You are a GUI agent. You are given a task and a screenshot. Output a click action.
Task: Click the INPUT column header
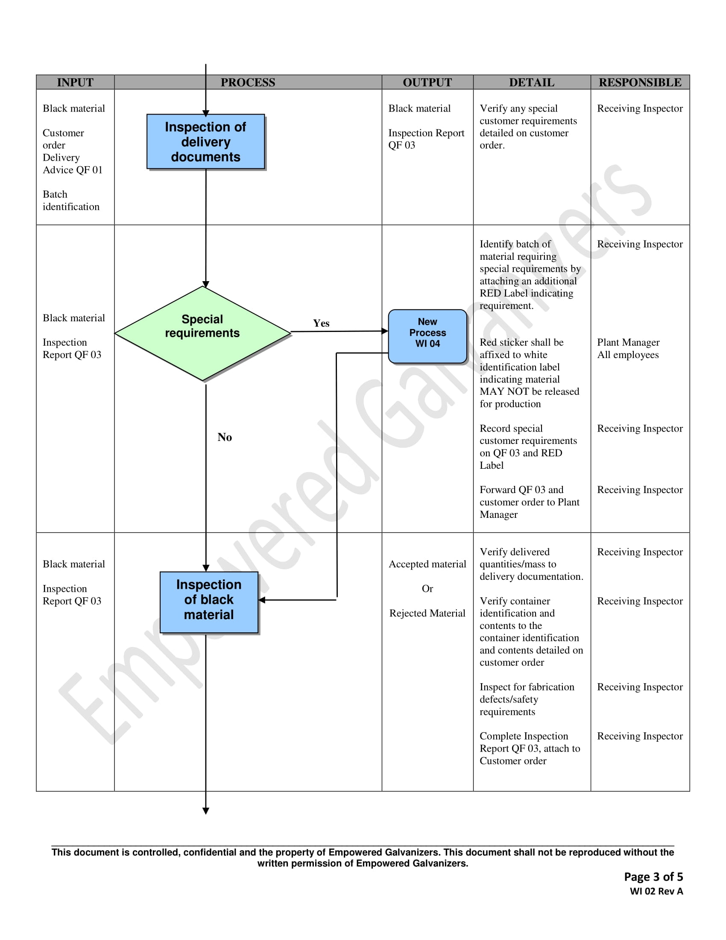tap(75, 82)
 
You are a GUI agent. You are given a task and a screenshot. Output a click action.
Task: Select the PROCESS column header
tap(248, 82)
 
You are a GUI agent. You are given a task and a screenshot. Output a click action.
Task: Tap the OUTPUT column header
tap(427, 82)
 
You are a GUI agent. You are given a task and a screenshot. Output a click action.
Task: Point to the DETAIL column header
tap(532, 82)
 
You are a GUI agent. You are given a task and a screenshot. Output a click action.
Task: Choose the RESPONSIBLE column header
tap(640, 82)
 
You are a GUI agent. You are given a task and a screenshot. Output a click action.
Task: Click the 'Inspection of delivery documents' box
tap(205, 141)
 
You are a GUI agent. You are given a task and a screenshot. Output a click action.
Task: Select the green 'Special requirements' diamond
tap(202, 334)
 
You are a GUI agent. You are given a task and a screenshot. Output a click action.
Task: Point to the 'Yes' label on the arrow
tap(321, 323)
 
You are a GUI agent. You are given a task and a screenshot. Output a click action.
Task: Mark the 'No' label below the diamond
tap(225, 437)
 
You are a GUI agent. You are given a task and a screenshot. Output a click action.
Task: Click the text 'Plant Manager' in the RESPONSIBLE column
tap(628, 343)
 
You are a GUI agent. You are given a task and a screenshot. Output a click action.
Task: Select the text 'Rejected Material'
tap(427, 613)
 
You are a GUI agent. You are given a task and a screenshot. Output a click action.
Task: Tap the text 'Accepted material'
tap(427, 564)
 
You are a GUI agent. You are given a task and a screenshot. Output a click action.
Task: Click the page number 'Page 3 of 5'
tap(653, 877)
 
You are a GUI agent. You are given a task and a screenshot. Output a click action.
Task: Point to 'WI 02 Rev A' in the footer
tap(656, 891)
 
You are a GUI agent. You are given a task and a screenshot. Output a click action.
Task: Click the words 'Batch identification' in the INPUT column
tap(71, 200)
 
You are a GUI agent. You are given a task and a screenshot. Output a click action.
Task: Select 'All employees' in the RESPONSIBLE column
tap(627, 355)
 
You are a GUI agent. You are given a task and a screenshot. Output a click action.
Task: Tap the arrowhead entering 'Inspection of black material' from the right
tap(262, 600)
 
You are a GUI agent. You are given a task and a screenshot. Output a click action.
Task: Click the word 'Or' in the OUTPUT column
tap(427, 589)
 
